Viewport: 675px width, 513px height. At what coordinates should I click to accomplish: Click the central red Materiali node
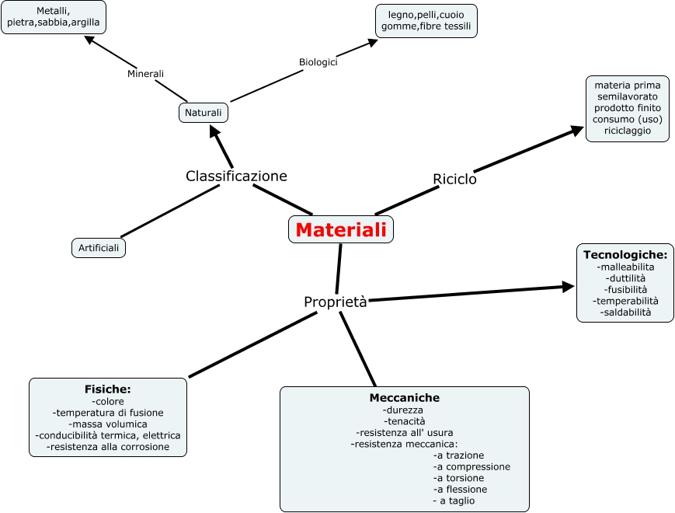(341, 230)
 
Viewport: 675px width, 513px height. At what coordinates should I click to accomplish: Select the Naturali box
(203, 113)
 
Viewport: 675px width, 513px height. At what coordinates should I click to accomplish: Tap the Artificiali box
(99, 248)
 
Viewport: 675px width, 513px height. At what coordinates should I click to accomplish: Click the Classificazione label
(236, 176)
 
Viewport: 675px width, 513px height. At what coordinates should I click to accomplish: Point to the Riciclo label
(454, 179)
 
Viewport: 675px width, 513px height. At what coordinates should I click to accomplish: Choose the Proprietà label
(335, 302)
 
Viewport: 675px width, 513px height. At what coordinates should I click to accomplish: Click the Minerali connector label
(145, 74)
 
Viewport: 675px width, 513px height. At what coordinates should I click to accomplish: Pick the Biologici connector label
(318, 62)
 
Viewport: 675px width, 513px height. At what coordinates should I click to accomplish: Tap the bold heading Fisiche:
(107, 389)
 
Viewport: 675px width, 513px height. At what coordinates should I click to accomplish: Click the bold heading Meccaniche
(404, 397)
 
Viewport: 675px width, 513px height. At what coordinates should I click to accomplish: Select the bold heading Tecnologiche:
(625, 254)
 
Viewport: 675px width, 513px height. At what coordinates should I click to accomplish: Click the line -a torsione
(459, 478)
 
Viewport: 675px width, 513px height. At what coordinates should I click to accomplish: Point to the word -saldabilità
(626, 312)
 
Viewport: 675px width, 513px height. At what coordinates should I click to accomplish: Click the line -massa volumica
(107, 424)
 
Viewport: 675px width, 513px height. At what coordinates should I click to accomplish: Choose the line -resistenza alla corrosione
(107, 448)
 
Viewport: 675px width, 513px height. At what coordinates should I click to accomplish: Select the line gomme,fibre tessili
(426, 26)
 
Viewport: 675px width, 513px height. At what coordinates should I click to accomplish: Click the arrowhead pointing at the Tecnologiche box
(569, 287)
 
